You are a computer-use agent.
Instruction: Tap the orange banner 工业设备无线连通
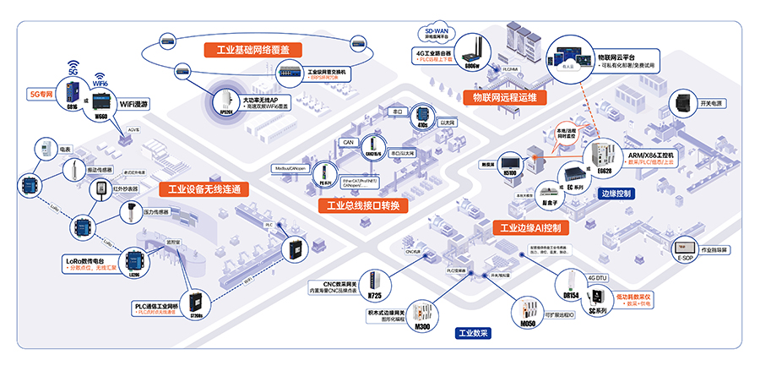point(204,189)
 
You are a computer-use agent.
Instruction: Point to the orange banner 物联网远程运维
point(505,98)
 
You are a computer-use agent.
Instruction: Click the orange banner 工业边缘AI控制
point(531,228)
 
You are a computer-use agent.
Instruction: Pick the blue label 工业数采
point(473,333)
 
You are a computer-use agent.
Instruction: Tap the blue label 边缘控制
point(616,194)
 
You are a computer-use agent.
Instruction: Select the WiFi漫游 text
point(133,104)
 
